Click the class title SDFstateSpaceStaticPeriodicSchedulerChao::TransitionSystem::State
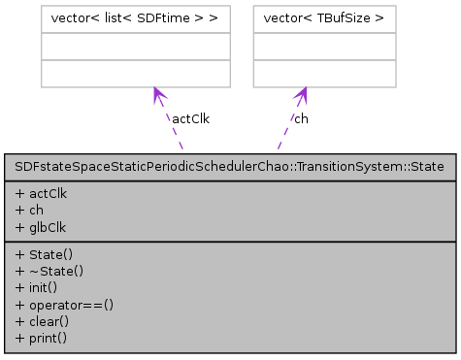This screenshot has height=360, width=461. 230,166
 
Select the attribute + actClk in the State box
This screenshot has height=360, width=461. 41,193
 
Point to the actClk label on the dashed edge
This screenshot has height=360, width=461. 190,118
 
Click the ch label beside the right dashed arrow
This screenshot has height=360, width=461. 302,118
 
